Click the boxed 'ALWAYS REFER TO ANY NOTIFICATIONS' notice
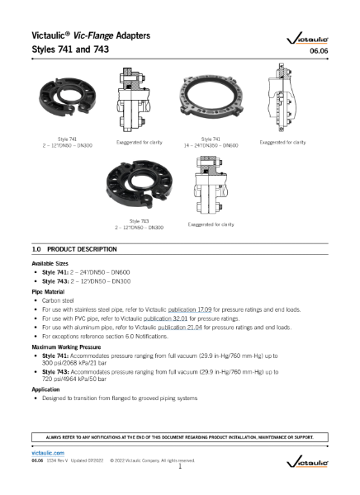coord(180,436)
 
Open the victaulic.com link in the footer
coord(47,453)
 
